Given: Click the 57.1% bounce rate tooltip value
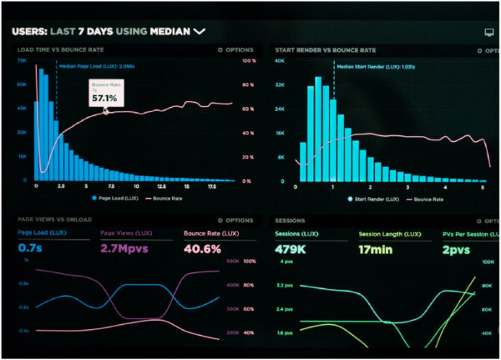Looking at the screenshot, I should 104,98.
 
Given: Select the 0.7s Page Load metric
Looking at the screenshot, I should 31,249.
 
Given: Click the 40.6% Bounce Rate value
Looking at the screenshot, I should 202,249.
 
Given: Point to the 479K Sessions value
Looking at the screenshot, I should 292,249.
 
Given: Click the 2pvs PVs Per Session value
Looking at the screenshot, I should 457,249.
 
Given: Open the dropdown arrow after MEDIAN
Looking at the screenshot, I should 199,32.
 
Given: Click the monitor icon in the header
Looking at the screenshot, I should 488,32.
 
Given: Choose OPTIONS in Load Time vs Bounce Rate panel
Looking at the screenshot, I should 235,50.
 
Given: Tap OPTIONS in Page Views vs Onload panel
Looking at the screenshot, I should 235,221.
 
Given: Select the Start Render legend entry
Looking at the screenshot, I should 367,199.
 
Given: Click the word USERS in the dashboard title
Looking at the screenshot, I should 28,32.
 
